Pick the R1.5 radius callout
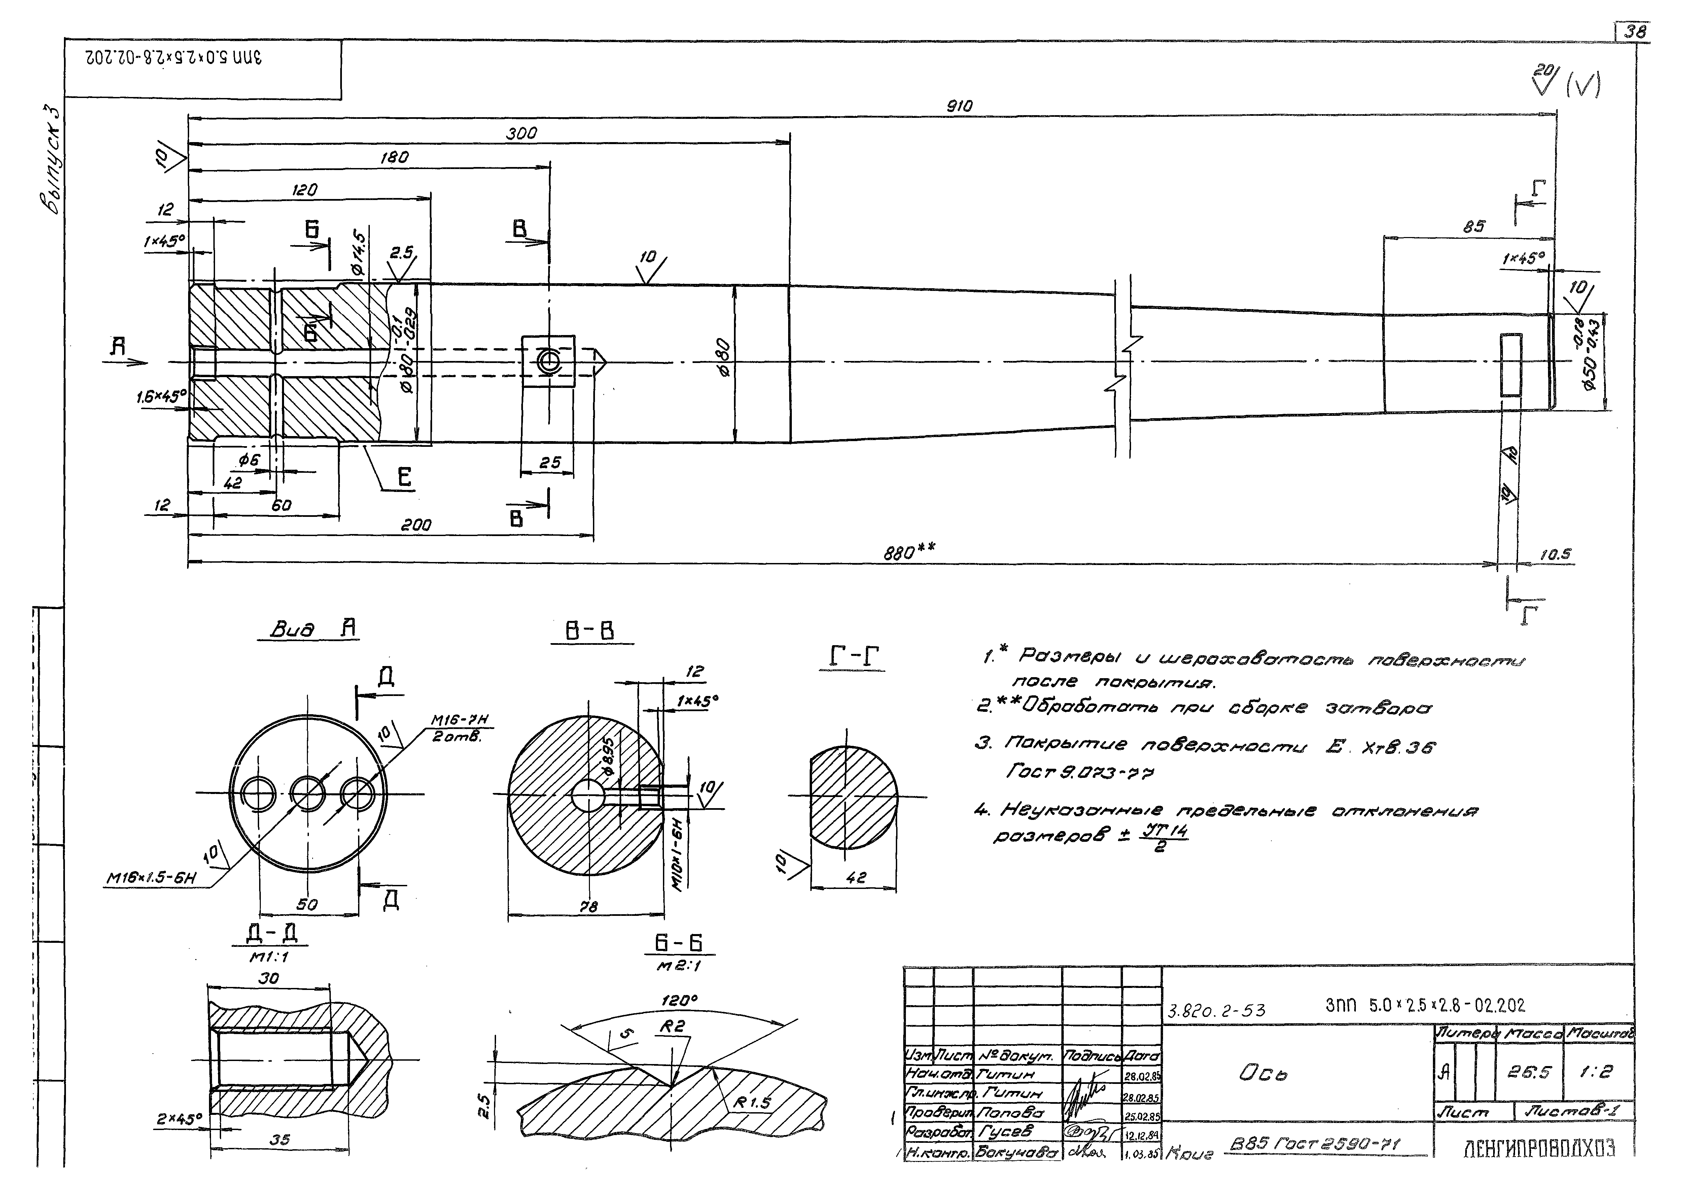752,1102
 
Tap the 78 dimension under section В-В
589,907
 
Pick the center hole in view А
308,793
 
